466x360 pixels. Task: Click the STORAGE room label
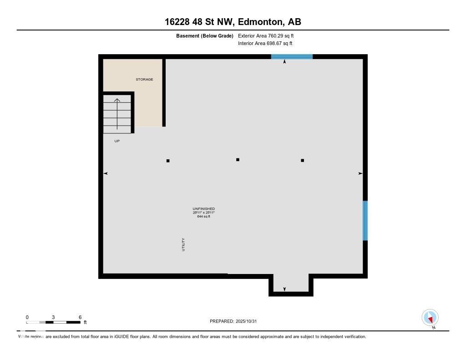point(144,80)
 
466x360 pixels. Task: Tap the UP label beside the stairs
point(117,141)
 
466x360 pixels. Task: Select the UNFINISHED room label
point(203,209)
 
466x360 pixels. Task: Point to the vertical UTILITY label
point(183,244)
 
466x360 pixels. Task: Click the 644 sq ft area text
point(203,217)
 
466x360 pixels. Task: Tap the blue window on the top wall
point(292,57)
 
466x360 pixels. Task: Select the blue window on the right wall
point(365,221)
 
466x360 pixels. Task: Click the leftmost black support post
point(168,161)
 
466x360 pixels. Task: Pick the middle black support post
point(238,160)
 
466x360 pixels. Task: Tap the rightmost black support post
point(302,160)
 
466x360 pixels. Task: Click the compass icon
point(430,317)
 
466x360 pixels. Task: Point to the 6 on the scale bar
point(80,317)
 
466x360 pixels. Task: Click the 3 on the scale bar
point(53,317)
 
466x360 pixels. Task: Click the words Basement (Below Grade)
point(204,35)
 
